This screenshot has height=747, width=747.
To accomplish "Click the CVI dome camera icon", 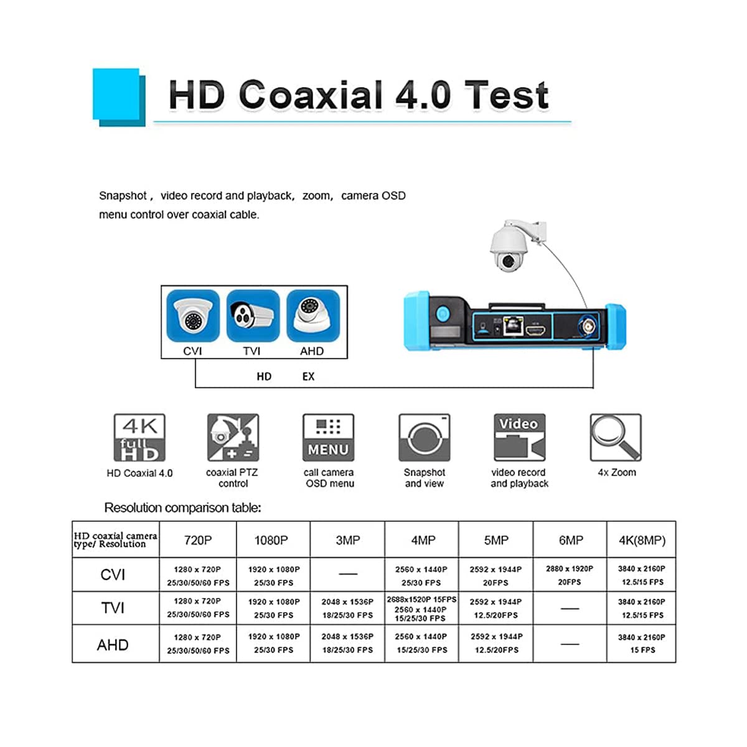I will (x=193, y=316).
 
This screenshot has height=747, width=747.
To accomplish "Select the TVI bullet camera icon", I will (x=252, y=316).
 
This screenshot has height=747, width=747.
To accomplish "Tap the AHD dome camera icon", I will (x=312, y=316).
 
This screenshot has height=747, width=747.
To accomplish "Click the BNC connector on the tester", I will (x=586, y=325).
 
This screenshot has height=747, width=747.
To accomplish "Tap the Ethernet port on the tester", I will (x=512, y=326).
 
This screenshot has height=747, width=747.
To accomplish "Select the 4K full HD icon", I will (x=139, y=438).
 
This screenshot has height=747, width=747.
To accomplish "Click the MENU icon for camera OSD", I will (x=328, y=438).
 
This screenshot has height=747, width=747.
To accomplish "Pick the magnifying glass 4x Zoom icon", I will (x=615, y=437).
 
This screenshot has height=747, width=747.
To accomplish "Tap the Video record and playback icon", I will (x=519, y=438).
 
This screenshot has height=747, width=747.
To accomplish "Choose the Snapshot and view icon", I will (x=424, y=438).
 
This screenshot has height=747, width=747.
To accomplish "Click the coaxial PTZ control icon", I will (x=233, y=438).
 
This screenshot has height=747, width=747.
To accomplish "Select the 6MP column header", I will (x=570, y=540).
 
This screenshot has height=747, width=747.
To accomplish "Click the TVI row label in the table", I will (x=113, y=608).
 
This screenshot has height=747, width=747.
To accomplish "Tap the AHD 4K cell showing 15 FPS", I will (x=642, y=644).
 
